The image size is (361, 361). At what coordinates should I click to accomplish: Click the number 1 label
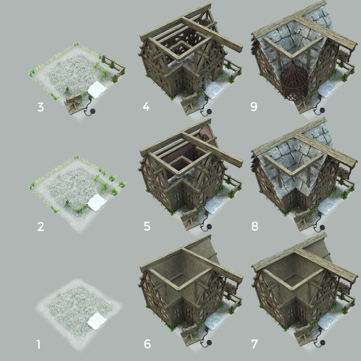click(x=38, y=345)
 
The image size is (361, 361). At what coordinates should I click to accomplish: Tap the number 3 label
click(x=41, y=107)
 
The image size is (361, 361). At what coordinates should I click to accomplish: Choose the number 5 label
click(x=147, y=226)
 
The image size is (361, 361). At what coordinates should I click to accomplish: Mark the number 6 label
click(x=147, y=345)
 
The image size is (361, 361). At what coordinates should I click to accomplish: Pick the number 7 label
click(x=255, y=345)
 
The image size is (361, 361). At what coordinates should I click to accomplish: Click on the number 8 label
click(x=255, y=226)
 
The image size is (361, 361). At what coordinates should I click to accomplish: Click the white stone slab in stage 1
click(x=96, y=321)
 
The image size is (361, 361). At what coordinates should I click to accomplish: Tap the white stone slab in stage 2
click(x=96, y=203)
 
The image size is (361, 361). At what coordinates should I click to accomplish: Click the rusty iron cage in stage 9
click(x=293, y=81)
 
